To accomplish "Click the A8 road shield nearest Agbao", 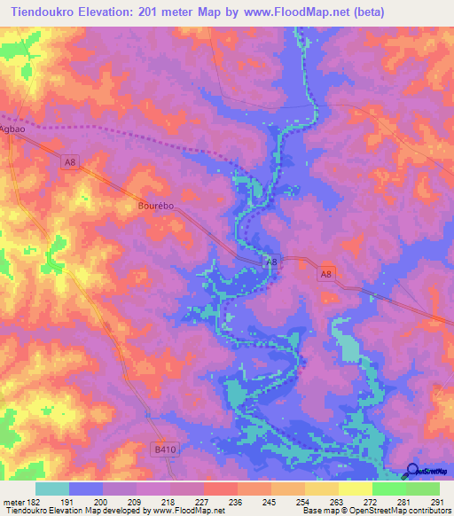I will click(70, 160).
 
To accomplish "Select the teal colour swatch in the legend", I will click(52, 489).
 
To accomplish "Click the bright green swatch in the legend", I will click(389, 489).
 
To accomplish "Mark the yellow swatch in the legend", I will click(356, 489).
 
